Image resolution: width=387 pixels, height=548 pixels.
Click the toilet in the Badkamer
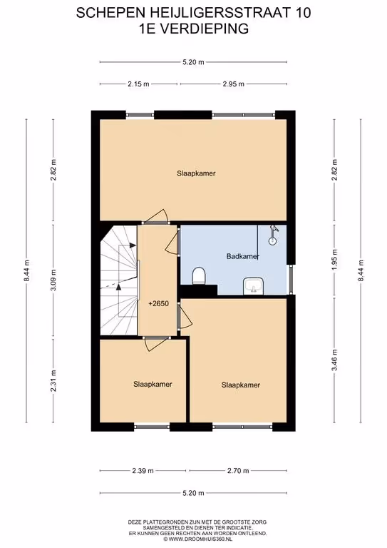(x=200, y=275)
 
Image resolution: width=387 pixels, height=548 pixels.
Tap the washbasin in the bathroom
(x=253, y=286)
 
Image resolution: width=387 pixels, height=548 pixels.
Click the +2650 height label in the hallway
(x=158, y=304)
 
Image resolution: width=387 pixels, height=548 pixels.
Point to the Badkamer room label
(x=243, y=256)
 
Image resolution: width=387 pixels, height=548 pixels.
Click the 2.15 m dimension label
(x=138, y=84)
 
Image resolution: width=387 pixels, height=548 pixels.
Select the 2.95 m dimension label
(x=234, y=84)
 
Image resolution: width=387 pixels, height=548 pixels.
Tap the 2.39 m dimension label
(x=143, y=471)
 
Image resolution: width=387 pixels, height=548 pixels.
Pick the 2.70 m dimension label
(x=238, y=471)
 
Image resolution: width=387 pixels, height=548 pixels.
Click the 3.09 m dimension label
(x=53, y=280)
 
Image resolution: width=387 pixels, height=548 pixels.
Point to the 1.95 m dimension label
(x=335, y=259)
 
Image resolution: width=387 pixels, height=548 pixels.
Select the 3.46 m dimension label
(x=335, y=360)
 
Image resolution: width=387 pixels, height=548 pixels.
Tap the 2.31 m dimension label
(x=53, y=380)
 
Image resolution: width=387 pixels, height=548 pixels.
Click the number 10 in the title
(x=303, y=13)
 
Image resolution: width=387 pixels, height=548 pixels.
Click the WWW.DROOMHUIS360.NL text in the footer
(x=200, y=539)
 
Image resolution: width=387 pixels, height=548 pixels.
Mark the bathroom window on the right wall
(x=291, y=280)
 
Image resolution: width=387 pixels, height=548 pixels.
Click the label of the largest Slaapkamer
(x=196, y=173)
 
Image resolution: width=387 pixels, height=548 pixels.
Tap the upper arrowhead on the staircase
(x=133, y=245)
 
